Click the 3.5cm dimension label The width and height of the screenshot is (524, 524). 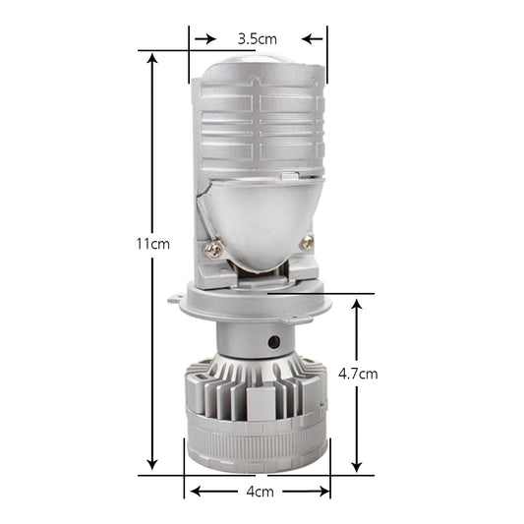(258, 38)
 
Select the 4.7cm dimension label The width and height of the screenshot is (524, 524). (357, 374)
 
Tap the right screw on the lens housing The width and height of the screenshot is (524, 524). (307, 242)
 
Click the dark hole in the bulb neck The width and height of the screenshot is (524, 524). (274, 343)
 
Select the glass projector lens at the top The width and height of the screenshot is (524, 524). (258, 65)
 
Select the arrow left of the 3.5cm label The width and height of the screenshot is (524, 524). (205, 38)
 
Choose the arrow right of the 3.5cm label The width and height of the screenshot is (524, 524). (312, 38)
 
